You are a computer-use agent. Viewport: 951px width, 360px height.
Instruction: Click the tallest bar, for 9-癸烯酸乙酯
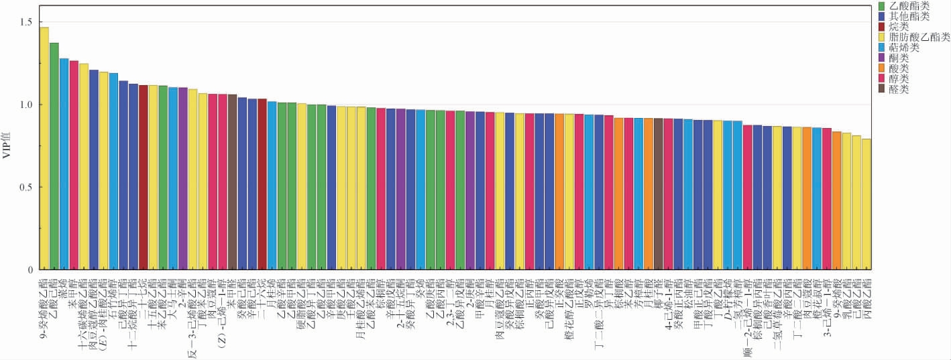point(44,147)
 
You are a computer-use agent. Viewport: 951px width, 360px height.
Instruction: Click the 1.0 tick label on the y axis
point(26,105)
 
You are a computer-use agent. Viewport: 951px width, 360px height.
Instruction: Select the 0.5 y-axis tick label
point(26,187)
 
